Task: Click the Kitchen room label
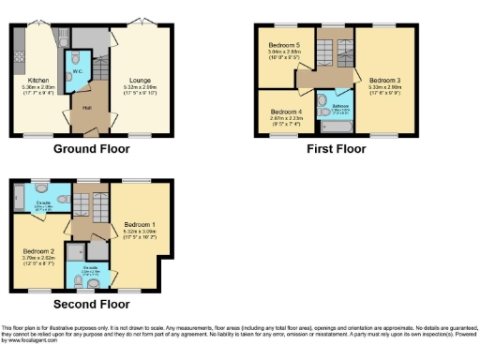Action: (x=38, y=81)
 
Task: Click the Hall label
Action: (x=86, y=107)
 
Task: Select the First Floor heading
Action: (x=335, y=149)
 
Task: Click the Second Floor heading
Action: (x=91, y=304)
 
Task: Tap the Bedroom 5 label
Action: (x=285, y=45)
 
